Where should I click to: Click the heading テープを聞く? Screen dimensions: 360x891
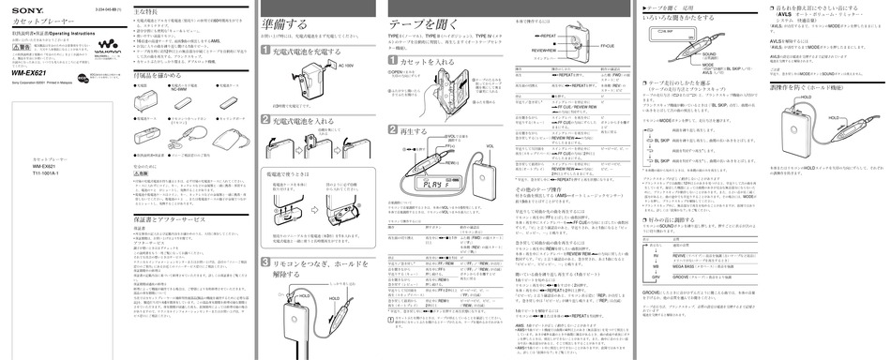pyautogui.click(x=423, y=24)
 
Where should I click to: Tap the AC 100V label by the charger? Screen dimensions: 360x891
pyautogui.click(x=344, y=67)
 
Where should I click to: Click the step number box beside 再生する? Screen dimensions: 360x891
pyautogui.click(x=394, y=130)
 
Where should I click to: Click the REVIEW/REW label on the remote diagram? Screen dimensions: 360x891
pyautogui.click(x=545, y=51)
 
